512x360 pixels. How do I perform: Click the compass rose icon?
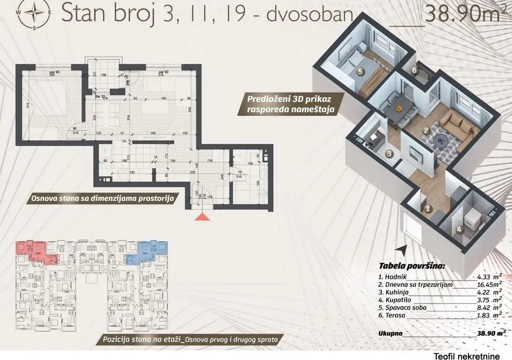click(x=33, y=14)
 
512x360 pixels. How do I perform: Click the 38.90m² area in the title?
click(x=462, y=14)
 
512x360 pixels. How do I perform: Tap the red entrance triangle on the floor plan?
click(x=202, y=216)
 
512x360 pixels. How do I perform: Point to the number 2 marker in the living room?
click(x=426, y=131)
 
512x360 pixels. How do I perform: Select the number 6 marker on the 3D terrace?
click(x=414, y=70)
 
